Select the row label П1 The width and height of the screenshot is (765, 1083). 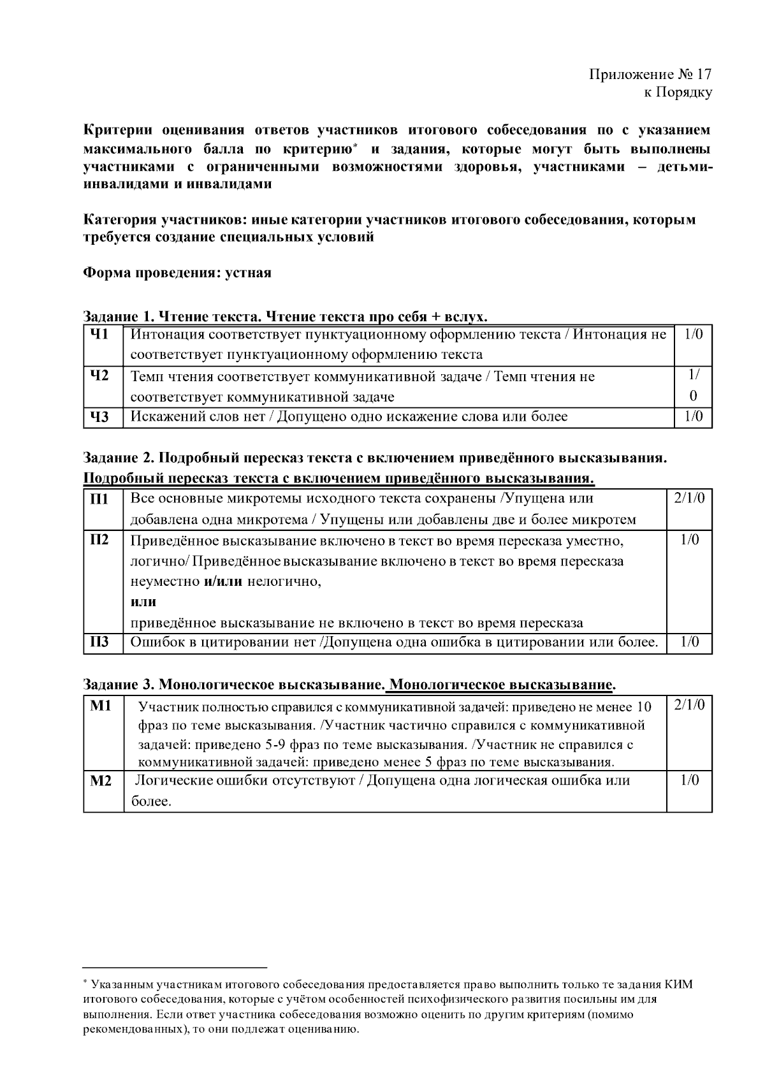pyautogui.click(x=100, y=498)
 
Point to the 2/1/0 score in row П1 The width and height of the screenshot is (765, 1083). pyautogui.click(x=689, y=498)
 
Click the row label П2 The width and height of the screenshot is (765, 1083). pyautogui.click(x=100, y=540)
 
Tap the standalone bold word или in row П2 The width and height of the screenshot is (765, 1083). pyautogui.click(x=143, y=602)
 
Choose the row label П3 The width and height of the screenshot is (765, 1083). pyautogui.click(x=100, y=642)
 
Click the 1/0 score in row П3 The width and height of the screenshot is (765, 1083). pyautogui.click(x=689, y=642)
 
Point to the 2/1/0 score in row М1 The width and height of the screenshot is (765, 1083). pyautogui.click(x=689, y=706)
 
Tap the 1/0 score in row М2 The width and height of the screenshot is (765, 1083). pyautogui.click(x=689, y=780)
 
